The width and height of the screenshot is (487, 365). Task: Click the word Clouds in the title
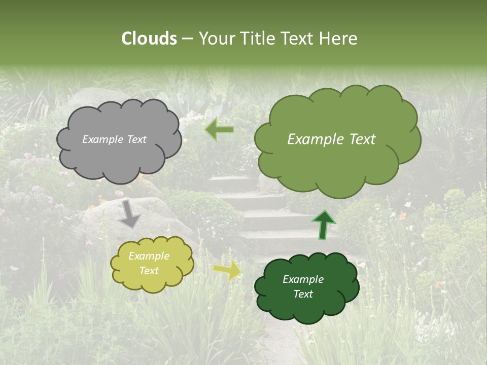(x=149, y=39)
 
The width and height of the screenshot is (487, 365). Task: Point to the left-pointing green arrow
(x=219, y=130)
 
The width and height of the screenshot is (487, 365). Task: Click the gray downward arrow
(x=130, y=213)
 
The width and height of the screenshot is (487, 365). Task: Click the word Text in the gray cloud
(x=136, y=139)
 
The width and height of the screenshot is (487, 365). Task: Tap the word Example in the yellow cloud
(x=149, y=256)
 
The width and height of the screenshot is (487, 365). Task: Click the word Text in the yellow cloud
(x=149, y=271)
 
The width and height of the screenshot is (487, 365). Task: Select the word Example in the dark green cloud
(x=303, y=279)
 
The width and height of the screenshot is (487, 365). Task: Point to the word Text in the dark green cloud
(x=303, y=294)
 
